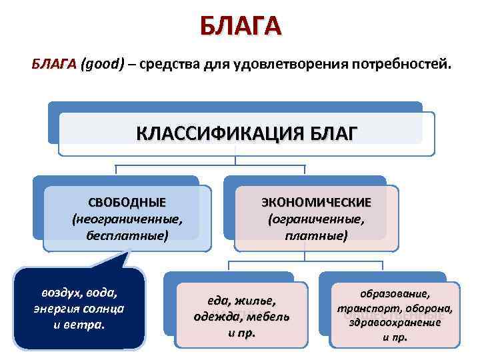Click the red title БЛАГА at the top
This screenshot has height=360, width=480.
240,26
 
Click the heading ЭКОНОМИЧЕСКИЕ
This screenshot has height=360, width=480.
316,203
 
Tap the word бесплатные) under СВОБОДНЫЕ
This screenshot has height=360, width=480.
127,235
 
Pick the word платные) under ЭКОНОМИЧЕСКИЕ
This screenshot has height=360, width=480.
316,235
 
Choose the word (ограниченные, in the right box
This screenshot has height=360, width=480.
316,219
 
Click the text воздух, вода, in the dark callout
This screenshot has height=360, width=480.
79,293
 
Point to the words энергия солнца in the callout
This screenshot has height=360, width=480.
79,309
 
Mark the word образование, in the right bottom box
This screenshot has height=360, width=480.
395,294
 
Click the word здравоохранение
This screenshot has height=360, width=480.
395,323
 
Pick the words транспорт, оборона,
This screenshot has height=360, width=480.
395,309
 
